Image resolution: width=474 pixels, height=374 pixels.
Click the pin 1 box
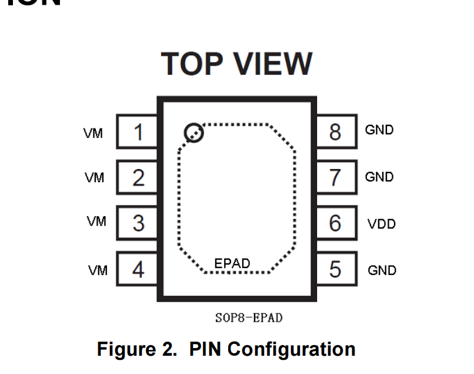pos(138,132)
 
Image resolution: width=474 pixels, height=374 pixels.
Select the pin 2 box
pos(138,177)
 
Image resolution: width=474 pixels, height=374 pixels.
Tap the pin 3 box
pos(138,223)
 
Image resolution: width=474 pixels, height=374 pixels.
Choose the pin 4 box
pos(138,270)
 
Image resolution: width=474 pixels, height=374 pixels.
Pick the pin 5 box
pos(336,270)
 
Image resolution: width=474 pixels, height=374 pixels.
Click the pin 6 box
pos(336,223)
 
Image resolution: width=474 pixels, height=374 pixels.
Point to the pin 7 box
pos(336,177)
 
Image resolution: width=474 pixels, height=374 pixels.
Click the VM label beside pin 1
pos(93,134)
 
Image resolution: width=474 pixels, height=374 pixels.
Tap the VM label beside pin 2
pos(94,177)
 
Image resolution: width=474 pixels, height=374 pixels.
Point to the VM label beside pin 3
pos(96,221)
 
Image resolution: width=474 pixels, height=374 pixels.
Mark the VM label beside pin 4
pos(98,270)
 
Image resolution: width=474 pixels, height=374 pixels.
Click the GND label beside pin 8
pos(379,130)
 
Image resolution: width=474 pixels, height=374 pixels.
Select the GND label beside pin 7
pos(379,177)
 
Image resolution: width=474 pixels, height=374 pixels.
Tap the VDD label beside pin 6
pos(382,224)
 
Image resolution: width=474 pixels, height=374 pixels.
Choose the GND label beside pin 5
pos(382,270)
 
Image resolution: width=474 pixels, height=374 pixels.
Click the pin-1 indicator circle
pos(193,133)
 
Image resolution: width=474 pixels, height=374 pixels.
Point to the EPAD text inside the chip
pos(232,263)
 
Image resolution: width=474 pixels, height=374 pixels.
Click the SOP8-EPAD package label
pos(249,318)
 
